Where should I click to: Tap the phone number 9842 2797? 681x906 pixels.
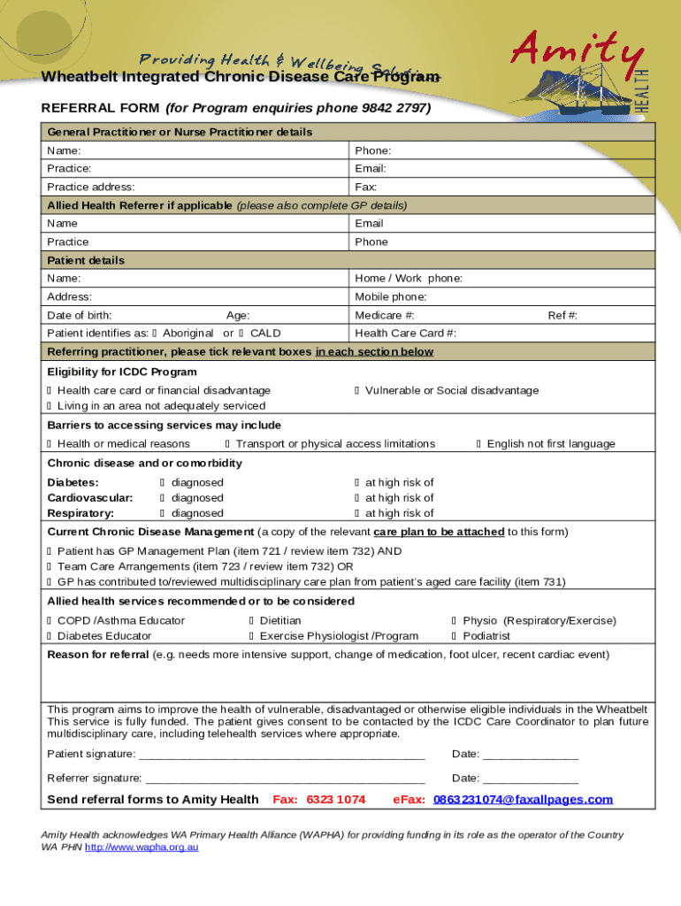click(x=398, y=109)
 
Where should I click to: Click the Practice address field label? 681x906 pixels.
click(x=91, y=187)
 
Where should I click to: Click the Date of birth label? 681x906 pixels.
click(x=79, y=315)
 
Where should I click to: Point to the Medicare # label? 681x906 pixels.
click(x=385, y=315)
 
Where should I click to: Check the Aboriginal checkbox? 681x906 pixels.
click(x=155, y=334)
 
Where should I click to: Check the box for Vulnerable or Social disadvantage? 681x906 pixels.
click(x=357, y=390)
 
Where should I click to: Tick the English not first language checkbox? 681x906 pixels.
click(x=479, y=443)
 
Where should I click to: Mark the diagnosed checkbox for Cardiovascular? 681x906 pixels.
click(x=163, y=498)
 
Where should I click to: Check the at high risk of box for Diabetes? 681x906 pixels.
click(x=357, y=482)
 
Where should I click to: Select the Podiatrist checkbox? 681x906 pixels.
click(x=455, y=636)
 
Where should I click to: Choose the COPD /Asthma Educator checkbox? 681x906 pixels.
click(x=50, y=621)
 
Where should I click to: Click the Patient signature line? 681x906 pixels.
click(x=282, y=755)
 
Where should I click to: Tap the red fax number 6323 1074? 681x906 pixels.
click(x=335, y=800)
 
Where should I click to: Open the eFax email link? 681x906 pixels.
click(x=523, y=800)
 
